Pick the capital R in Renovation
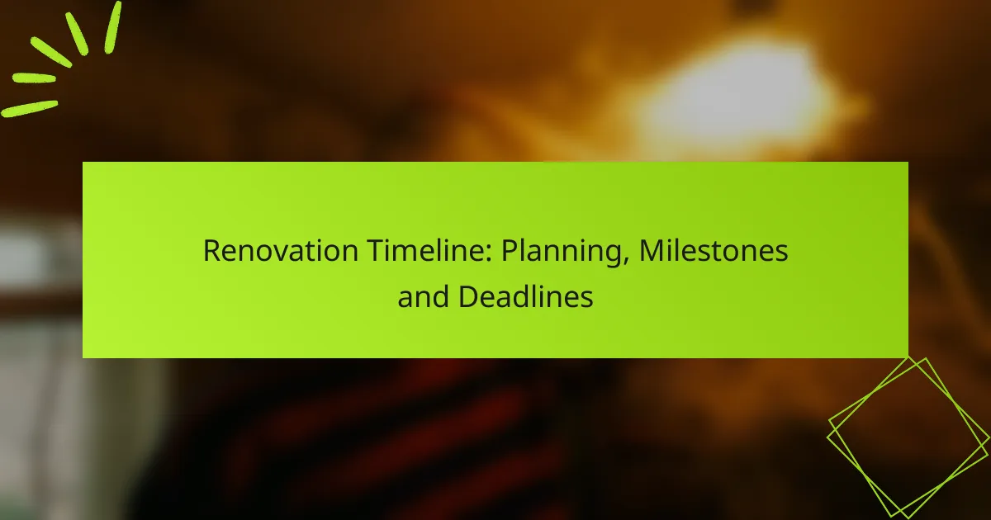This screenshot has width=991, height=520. coord(211,251)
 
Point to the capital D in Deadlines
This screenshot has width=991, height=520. coord(467,296)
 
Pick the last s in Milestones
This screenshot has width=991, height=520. coord(781,253)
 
